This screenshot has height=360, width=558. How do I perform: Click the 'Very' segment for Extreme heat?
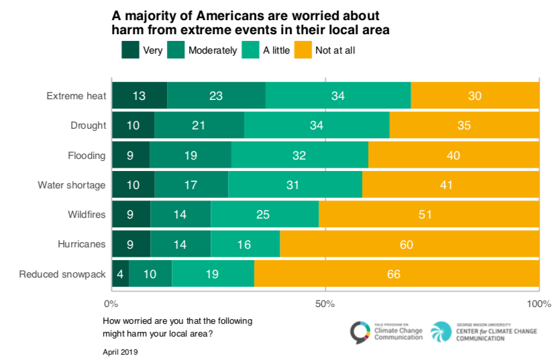coord(139,95)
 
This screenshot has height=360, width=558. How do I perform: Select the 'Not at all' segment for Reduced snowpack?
coord(397,274)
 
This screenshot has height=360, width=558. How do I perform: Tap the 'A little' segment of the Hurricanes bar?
coord(245,244)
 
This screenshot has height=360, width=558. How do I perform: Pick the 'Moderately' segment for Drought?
coord(199,125)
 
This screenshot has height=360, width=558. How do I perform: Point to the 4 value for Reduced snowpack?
coord(120,274)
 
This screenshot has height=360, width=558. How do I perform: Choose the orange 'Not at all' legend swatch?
coord(304,50)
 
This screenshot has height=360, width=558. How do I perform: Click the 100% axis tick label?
coord(539,304)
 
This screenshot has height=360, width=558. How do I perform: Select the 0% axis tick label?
coord(112,304)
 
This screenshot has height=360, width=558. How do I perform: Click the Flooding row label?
coord(88,156)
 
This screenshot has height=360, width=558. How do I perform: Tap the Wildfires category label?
coord(87,215)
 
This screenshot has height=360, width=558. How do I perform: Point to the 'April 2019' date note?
coord(120,351)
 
